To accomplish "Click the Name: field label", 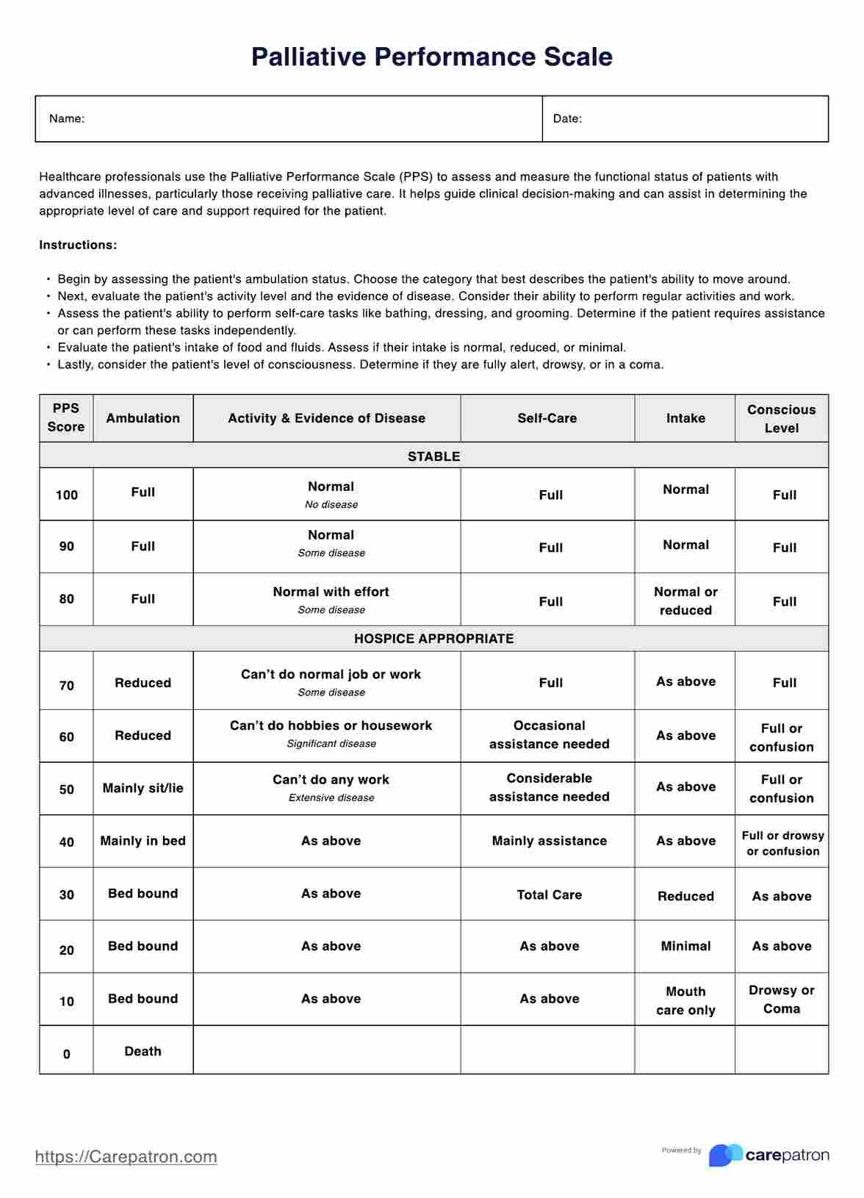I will [67, 118].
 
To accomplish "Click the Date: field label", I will [567, 118].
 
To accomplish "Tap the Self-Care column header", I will [547, 418].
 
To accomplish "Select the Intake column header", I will [685, 418].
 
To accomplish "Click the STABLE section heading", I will [433, 456].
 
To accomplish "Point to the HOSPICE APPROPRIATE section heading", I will [433, 639].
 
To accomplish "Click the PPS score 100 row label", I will [66, 495].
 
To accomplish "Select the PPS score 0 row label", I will [66, 1054].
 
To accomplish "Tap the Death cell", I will [143, 1051].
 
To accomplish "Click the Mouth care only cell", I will [685, 1000].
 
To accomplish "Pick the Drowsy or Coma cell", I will [781, 999].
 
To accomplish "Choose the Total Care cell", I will [549, 894].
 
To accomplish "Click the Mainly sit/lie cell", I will [143, 788].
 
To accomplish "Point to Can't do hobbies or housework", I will [331, 725].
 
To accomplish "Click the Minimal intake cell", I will [685, 946].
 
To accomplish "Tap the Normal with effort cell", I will [331, 592].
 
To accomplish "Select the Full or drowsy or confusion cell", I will [782, 843].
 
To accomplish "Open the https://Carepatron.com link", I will [126, 1157].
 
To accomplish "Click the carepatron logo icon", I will [724, 1155].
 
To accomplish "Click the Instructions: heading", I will [78, 245].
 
